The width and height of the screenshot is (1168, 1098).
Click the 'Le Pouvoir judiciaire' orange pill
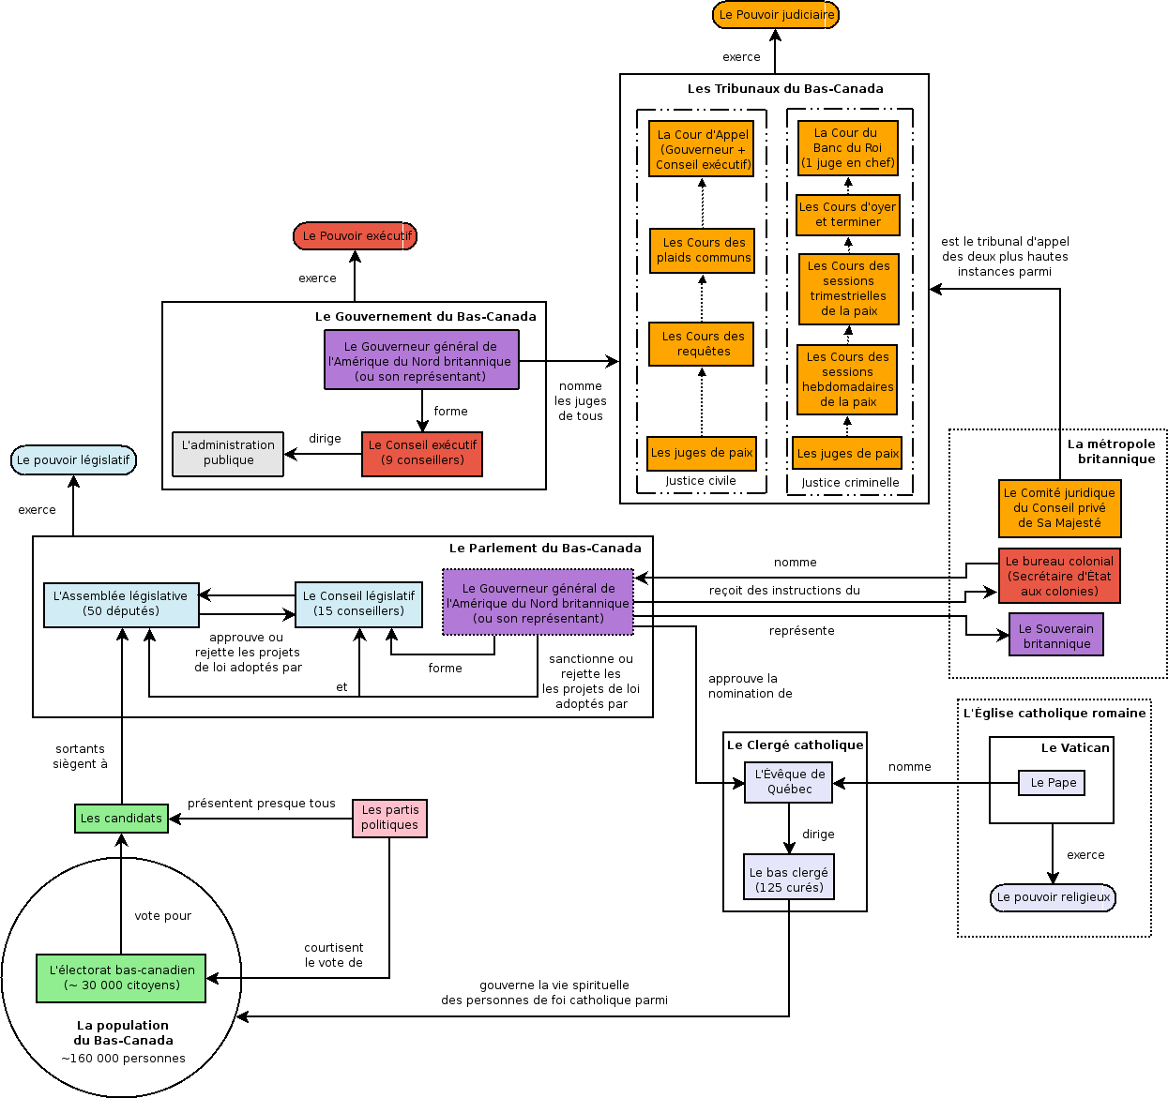[x=775, y=15]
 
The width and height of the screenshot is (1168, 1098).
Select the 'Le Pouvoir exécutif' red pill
[x=355, y=236]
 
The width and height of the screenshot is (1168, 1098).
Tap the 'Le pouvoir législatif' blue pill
[x=73, y=459]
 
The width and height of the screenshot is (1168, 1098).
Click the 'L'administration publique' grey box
[x=228, y=454]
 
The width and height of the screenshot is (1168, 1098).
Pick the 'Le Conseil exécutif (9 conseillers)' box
[x=421, y=454]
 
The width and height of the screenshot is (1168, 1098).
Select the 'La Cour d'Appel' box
[x=702, y=149]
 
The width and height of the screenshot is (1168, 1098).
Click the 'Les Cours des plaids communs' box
[x=703, y=250]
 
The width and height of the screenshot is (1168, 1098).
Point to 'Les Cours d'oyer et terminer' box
[x=848, y=216]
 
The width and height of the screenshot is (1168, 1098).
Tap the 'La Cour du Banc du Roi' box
[x=848, y=147]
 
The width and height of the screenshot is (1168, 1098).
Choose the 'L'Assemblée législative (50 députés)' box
[x=121, y=605]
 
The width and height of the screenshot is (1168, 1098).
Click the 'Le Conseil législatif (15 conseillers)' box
[x=358, y=605]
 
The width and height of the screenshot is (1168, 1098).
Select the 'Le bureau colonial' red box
[x=1059, y=576]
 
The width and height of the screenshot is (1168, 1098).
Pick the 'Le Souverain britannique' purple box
[x=1056, y=635]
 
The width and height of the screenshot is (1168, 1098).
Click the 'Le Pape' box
[x=1052, y=783]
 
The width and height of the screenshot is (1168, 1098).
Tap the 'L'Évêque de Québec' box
[x=789, y=782]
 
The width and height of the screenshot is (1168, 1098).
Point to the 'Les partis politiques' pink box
[x=389, y=818]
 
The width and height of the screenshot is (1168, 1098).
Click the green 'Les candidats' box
[x=121, y=818]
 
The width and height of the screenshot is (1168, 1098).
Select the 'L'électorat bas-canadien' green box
[x=121, y=978]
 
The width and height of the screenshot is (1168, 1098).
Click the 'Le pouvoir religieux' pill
[x=1053, y=897]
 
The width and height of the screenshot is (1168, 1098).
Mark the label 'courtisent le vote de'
[x=333, y=955]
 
